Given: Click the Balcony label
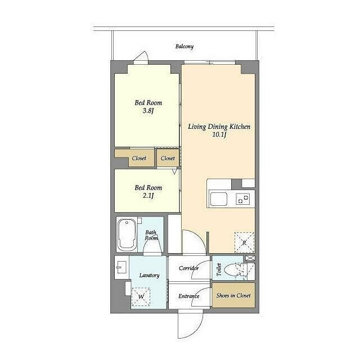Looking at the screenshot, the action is (x=184, y=46).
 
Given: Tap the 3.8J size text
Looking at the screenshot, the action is (x=148, y=111).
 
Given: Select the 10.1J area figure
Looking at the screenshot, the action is (x=219, y=135).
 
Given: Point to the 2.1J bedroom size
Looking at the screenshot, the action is (x=148, y=196).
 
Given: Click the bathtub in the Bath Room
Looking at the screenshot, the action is (x=127, y=234).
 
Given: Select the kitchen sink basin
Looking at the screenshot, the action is (x=219, y=199).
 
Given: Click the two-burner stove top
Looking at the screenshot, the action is (x=243, y=199).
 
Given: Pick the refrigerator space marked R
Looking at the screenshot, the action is (x=244, y=242).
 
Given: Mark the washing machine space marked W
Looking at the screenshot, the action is (x=141, y=296).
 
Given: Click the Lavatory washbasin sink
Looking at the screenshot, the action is (x=121, y=268).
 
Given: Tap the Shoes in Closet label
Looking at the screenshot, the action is (x=233, y=296).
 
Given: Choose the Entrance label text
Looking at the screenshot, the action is (x=189, y=296).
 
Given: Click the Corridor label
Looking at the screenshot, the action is (x=189, y=268).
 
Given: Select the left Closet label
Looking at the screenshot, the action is (x=139, y=158).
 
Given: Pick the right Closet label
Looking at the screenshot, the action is (x=168, y=158).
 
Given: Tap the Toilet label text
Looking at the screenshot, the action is (x=219, y=269).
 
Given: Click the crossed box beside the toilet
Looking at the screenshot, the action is (x=250, y=258).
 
